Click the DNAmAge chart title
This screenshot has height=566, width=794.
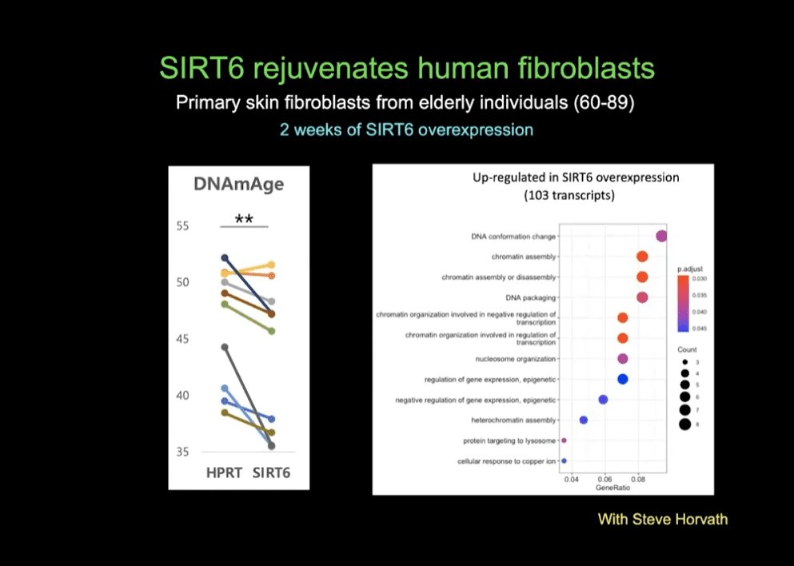238,185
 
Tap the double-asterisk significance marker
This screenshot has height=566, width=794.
244,218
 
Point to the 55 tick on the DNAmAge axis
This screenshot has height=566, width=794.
182,226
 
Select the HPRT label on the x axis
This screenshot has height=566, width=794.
224,472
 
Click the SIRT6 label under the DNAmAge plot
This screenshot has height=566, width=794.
271,472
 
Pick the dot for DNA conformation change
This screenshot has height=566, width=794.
661,235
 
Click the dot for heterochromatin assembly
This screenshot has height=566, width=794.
584,420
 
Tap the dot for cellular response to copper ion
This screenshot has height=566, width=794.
564,461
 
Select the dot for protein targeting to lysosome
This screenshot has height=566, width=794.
564,440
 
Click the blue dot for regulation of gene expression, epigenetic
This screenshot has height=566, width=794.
623,379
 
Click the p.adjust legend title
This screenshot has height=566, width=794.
690,269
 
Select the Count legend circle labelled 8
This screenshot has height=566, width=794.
685,424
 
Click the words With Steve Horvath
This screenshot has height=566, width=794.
663,520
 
